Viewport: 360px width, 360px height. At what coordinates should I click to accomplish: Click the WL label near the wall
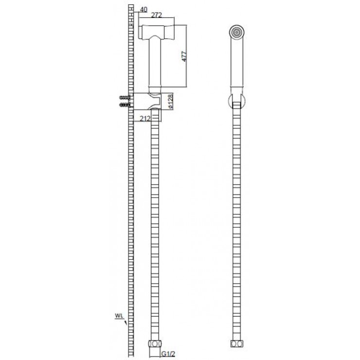click(119, 316)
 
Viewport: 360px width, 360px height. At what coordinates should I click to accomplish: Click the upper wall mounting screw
click(125, 98)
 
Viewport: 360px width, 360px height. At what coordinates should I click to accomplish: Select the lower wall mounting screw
click(125, 104)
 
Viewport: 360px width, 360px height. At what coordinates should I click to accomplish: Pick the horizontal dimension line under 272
click(156, 20)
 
